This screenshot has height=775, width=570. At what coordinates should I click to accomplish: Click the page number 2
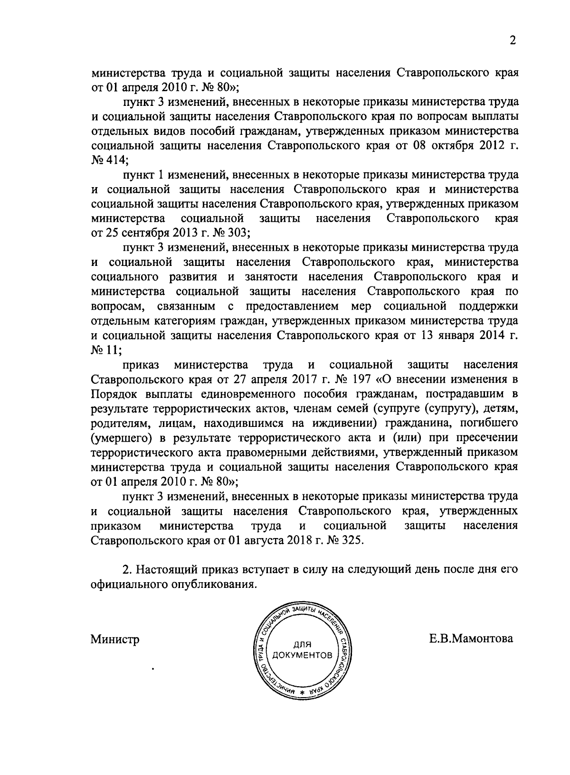tap(513, 41)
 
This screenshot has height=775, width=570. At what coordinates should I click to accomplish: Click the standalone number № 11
tap(105, 350)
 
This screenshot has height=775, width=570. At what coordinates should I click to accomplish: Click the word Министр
tap(115, 640)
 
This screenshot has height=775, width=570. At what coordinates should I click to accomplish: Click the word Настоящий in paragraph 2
tap(161, 569)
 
